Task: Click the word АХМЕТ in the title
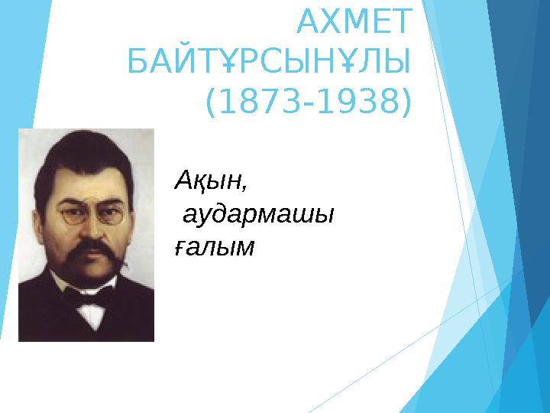pyautogui.click(x=352, y=23)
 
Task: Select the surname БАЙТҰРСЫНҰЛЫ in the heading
pyautogui.click(x=268, y=62)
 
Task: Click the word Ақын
pyautogui.click(x=210, y=182)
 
